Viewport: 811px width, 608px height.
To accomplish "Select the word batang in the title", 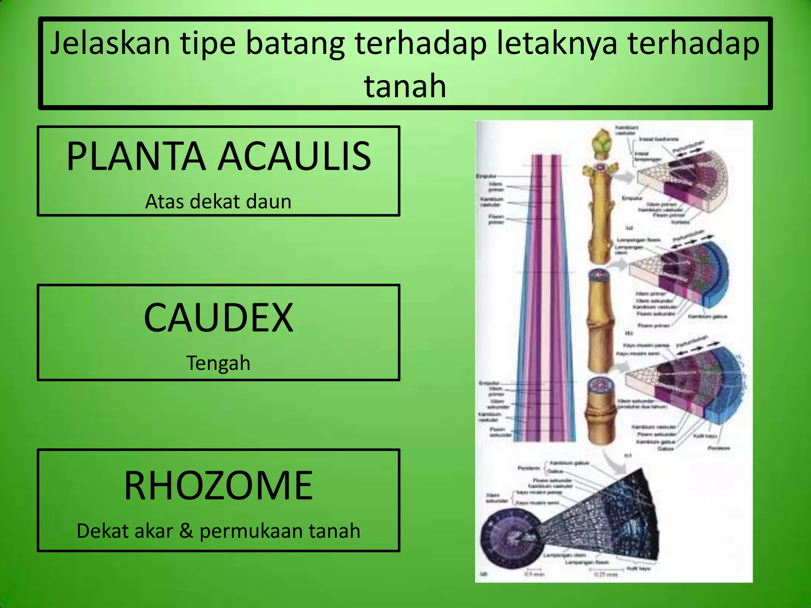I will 295,44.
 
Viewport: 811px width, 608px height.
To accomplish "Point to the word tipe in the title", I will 208,44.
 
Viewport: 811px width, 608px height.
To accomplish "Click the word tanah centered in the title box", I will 405,86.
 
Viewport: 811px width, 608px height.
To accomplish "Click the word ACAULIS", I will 295,156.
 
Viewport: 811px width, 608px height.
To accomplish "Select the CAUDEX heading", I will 218,317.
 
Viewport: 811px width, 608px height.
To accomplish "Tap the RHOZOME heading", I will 218,485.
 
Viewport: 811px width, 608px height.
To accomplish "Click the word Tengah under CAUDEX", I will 218,363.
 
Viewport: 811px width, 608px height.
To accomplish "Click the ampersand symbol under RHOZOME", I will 186,531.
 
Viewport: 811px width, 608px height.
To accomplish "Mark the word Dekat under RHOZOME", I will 103,531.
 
